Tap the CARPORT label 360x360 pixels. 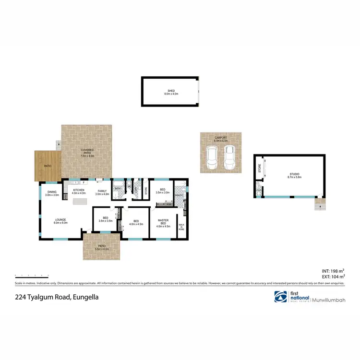click(x=221, y=138)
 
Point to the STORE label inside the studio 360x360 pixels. click(x=260, y=168)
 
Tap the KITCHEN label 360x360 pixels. click(x=78, y=190)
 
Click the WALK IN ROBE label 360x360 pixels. click(x=181, y=227)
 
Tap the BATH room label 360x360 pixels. click(x=118, y=189)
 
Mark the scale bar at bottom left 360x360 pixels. click(x=32, y=276)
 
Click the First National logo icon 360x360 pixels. click(x=280, y=298)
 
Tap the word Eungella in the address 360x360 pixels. click(x=86, y=297)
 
